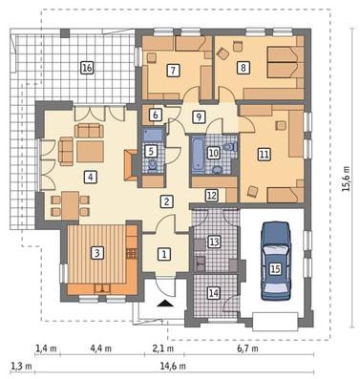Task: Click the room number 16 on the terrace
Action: (x=87, y=68)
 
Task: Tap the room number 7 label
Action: (x=173, y=70)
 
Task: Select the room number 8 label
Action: (x=244, y=68)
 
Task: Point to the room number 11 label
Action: (x=265, y=155)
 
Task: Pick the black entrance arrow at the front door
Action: (x=165, y=304)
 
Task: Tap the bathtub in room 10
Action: (x=198, y=154)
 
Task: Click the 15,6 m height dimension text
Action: (x=346, y=178)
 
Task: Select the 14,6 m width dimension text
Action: (x=173, y=366)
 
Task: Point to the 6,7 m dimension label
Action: (x=247, y=348)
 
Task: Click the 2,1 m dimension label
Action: (x=163, y=348)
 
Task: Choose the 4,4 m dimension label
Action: (x=101, y=348)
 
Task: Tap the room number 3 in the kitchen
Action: (x=97, y=253)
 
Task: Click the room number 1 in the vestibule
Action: (x=164, y=254)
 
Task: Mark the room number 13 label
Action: (x=214, y=242)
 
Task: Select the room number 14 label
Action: (x=214, y=293)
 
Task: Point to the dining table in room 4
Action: (x=71, y=205)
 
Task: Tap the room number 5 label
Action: (x=151, y=151)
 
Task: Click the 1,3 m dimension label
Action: (x=21, y=366)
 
